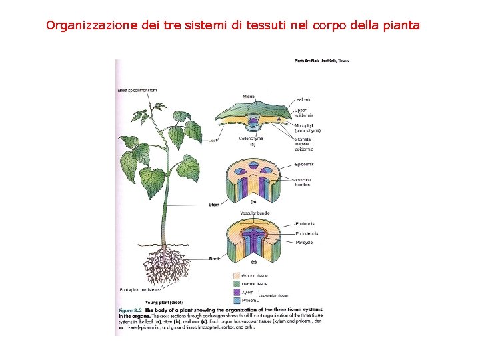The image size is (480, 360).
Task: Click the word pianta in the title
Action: point(400,26)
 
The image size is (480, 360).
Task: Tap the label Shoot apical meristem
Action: point(137,90)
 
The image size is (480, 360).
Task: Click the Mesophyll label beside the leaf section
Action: point(307,127)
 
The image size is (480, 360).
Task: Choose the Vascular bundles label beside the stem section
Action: point(304,181)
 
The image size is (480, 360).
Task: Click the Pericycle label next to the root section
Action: point(304,243)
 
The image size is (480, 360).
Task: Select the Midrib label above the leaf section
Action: point(249,97)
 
